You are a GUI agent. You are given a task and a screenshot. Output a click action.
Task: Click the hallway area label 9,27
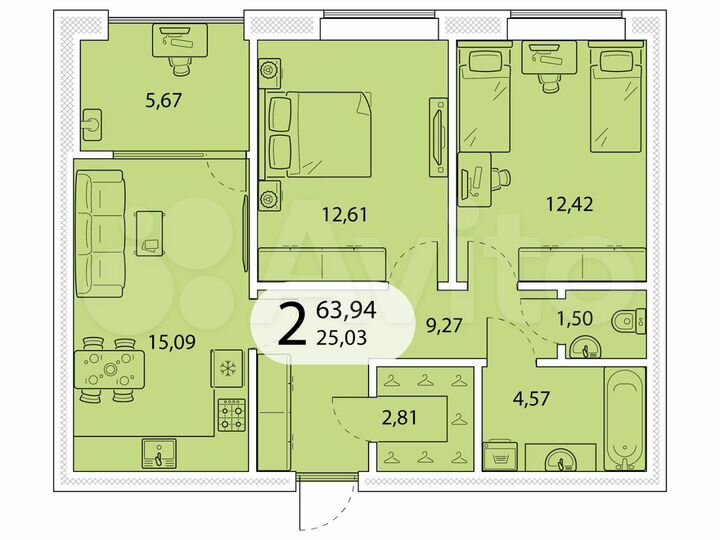(x=443, y=325)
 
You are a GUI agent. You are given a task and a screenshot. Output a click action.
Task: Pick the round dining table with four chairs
(x=108, y=369)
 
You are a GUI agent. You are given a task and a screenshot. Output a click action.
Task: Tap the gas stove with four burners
(x=232, y=412)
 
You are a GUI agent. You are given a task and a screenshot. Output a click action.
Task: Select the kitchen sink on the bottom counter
(x=157, y=455)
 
